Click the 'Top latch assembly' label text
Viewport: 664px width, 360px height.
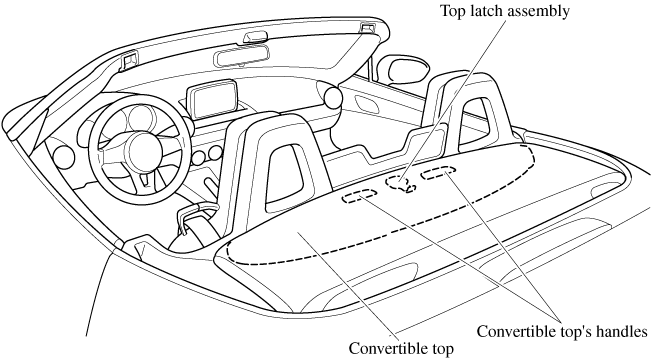tap(505, 11)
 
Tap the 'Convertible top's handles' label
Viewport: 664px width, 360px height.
tap(562, 331)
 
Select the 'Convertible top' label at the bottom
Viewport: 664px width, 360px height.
tap(401, 349)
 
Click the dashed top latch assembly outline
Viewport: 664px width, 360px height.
tap(399, 183)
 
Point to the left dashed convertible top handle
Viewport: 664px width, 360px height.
tap(360, 195)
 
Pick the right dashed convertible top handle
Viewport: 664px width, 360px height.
tap(439, 172)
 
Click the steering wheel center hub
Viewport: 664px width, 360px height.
tap(145, 150)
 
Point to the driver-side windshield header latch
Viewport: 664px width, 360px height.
tap(130, 59)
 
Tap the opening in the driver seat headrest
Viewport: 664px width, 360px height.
tap(285, 177)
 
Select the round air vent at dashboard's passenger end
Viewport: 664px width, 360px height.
tap(333, 97)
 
